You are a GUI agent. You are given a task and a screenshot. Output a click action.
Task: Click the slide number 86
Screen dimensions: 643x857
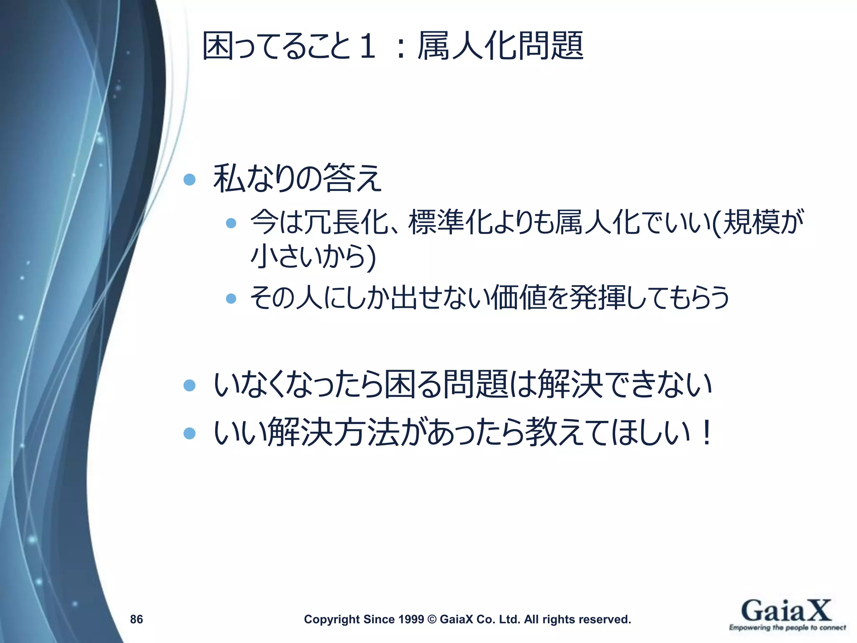(136, 619)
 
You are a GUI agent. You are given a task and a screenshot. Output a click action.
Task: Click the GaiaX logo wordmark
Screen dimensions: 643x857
(786, 611)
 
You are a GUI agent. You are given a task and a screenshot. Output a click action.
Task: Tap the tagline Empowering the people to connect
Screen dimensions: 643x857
(787, 628)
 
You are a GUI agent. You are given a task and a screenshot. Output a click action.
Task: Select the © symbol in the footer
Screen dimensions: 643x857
(432, 619)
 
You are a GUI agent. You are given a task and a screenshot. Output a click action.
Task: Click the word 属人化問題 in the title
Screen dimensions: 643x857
(500, 46)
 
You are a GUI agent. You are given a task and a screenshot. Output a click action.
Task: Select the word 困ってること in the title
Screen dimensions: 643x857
(276, 46)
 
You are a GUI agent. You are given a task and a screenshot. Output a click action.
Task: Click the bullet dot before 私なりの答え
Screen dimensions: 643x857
(190, 180)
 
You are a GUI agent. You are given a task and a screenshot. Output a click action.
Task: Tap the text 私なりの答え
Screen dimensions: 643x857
(297, 178)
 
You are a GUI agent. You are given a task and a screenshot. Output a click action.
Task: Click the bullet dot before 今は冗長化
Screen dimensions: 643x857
(231, 223)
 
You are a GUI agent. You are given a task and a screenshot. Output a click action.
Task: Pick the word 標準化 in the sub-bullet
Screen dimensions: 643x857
(450, 222)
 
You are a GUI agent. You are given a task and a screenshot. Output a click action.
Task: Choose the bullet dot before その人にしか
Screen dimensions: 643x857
(231, 298)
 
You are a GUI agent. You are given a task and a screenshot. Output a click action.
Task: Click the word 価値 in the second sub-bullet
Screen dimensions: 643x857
(519, 298)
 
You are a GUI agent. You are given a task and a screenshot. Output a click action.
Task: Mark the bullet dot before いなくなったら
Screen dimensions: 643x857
(190, 385)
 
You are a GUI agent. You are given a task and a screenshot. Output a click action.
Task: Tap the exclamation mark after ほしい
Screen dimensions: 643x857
(706, 432)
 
